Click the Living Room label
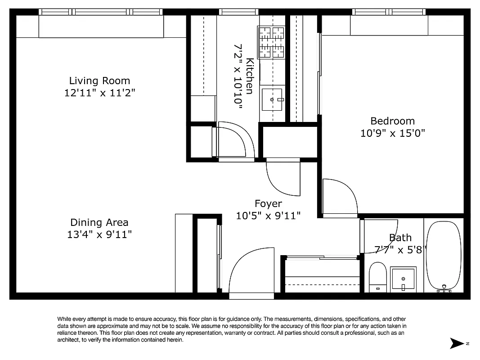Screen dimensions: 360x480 [x=99, y=81]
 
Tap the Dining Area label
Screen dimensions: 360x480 [x=99, y=222]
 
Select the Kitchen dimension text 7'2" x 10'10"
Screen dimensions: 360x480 [x=238, y=74]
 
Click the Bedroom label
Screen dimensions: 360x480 [x=392, y=121]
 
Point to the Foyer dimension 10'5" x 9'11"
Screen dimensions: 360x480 [x=268, y=216]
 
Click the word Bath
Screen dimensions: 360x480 [x=400, y=238]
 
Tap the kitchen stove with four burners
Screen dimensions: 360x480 [x=272, y=42]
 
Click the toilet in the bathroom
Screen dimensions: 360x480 [x=377, y=277]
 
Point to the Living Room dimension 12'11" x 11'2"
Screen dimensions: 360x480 [x=99, y=93]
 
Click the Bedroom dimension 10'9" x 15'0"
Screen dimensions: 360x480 [x=392, y=133]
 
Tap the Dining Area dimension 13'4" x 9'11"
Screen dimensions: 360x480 [x=99, y=234]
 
